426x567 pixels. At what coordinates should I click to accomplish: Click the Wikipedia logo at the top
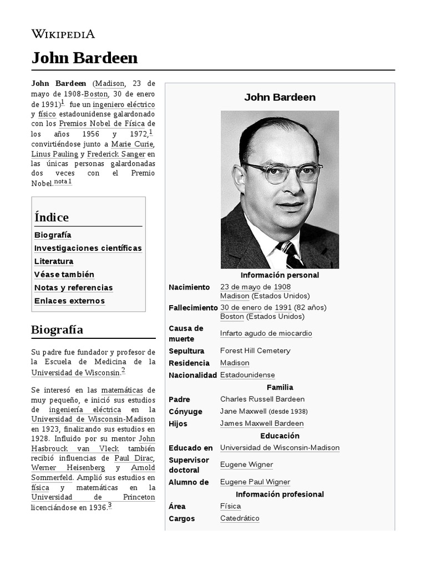pyautogui.click(x=63, y=34)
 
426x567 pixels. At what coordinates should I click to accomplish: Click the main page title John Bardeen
pyautogui.click(x=84, y=58)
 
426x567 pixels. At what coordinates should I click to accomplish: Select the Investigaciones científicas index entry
pyautogui.click(x=88, y=248)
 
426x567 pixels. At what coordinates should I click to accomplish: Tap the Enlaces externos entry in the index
pyautogui.click(x=69, y=301)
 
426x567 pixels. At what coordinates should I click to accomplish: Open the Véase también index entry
pyautogui.click(x=64, y=275)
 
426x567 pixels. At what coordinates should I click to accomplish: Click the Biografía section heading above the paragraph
pyautogui.click(x=57, y=330)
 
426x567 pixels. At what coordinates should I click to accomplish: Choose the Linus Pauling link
pyautogui.click(x=54, y=154)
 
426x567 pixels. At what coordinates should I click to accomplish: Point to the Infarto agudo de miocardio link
pyautogui.click(x=266, y=333)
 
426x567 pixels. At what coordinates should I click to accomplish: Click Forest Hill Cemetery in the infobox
pyautogui.click(x=255, y=350)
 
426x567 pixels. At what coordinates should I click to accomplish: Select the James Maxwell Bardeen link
pyautogui.click(x=262, y=424)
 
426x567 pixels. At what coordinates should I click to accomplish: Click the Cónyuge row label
pyautogui.click(x=185, y=411)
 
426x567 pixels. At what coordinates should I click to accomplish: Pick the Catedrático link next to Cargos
pyautogui.click(x=240, y=519)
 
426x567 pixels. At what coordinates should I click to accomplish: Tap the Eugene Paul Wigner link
pyautogui.click(x=255, y=482)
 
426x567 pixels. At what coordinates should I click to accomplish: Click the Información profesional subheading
pyautogui.click(x=280, y=494)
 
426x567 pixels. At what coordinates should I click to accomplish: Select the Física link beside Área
pyautogui.click(x=230, y=507)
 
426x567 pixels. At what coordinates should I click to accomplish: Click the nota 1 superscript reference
pyautogui.click(x=63, y=182)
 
